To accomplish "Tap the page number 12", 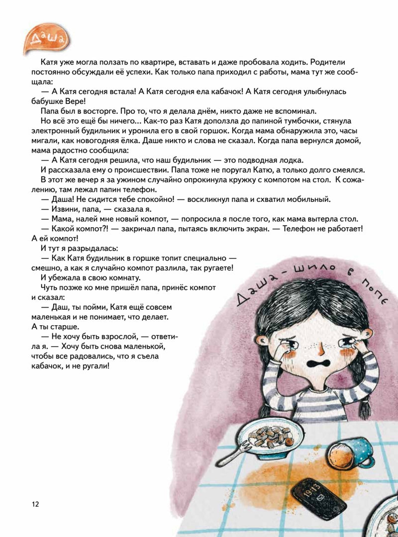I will [x=34, y=504].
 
